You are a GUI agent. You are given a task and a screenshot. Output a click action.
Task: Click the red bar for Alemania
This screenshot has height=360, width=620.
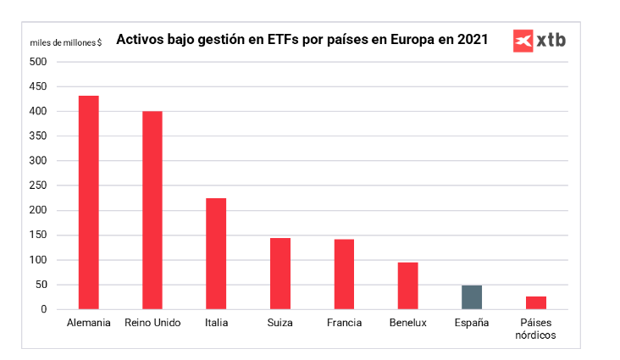(x=89, y=202)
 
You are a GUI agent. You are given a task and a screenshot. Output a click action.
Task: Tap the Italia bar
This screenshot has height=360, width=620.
(x=216, y=253)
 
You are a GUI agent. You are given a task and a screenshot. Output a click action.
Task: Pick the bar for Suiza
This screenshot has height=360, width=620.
(x=280, y=274)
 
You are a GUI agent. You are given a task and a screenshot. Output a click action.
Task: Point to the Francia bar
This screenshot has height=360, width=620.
(x=344, y=274)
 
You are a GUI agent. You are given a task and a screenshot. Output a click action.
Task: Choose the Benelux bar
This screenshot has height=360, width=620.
(x=408, y=285)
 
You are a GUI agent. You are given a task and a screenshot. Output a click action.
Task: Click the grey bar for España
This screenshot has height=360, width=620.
(x=472, y=297)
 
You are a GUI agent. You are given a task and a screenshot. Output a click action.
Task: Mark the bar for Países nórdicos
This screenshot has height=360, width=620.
(x=536, y=302)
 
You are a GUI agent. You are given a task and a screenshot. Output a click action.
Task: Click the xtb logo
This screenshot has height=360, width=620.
(x=539, y=41)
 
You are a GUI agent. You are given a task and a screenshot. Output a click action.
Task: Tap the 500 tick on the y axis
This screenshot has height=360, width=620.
(x=38, y=62)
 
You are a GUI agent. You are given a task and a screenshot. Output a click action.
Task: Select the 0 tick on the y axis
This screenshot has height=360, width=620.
(x=43, y=309)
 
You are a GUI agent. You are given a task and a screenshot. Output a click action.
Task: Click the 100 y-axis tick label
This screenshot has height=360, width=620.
(x=38, y=260)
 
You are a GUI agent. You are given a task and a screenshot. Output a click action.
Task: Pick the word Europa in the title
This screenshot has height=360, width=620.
(x=403, y=40)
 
